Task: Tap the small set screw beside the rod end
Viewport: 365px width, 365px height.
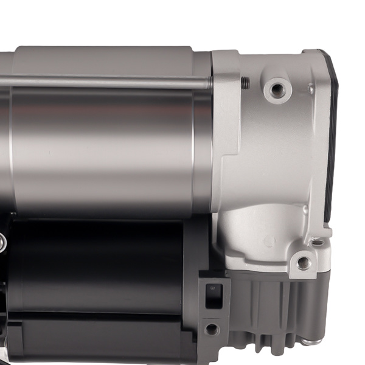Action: click(x=245, y=83)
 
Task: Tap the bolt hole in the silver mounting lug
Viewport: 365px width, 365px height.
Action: click(x=302, y=263)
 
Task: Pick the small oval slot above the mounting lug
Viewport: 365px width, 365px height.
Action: click(x=317, y=242)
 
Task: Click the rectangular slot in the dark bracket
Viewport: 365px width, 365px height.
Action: click(x=213, y=295)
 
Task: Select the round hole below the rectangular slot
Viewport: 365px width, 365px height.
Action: click(x=211, y=328)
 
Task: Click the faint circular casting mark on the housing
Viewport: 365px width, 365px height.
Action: click(x=268, y=240)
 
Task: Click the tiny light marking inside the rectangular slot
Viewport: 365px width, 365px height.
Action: click(x=212, y=290)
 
